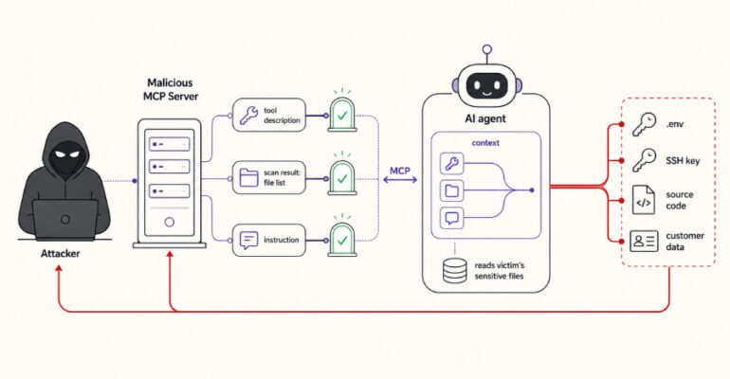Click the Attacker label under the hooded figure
[60, 253]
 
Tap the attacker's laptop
[65, 220]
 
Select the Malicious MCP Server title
[171, 89]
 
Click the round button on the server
[170, 223]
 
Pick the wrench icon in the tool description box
[248, 116]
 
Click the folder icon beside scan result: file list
[248, 177]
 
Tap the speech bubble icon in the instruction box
[248, 240]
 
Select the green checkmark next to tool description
[342, 116]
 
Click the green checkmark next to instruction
[342, 241]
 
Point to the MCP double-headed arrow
[400, 179]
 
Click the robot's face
[487, 86]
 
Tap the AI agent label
[485, 118]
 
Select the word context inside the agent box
[485, 143]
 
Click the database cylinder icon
[455, 271]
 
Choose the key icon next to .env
[645, 124]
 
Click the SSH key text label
[683, 161]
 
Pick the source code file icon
[644, 200]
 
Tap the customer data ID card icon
[644, 241]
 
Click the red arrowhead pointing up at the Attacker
[59, 268]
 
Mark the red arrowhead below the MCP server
[170, 254]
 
